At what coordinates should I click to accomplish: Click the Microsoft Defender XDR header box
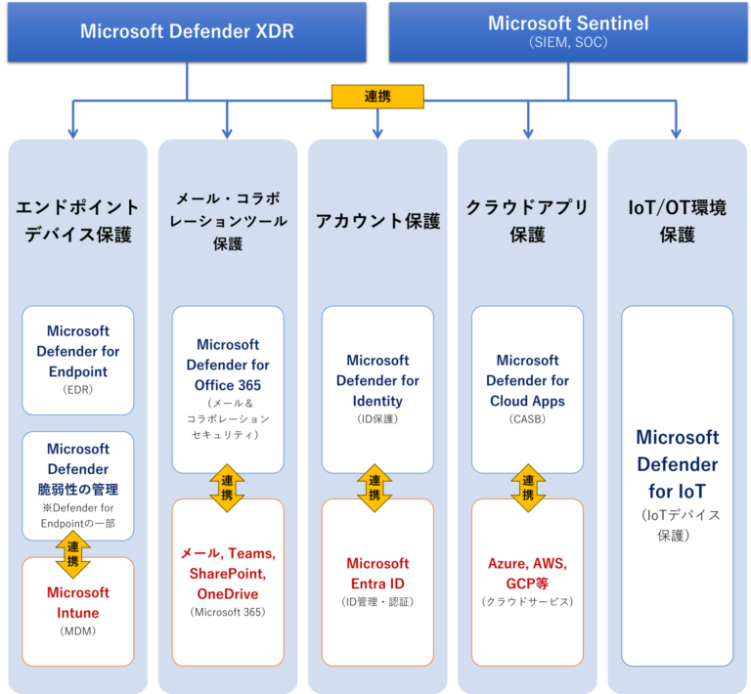(x=186, y=31)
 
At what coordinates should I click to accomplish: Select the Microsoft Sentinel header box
(x=568, y=31)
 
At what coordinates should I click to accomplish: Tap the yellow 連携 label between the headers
(x=377, y=97)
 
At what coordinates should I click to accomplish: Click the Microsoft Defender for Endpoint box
(x=78, y=360)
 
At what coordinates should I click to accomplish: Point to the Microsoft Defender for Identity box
(x=377, y=389)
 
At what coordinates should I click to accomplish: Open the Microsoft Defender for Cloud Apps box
(x=527, y=389)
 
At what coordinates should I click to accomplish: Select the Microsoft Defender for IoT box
(x=677, y=486)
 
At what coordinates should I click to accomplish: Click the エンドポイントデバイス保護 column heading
(x=78, y=221)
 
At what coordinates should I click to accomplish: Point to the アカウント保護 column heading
(x=377, y=221)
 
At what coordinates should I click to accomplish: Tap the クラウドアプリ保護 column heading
(x=527, y=221)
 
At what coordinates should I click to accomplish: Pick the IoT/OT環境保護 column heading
(x=677, y=221)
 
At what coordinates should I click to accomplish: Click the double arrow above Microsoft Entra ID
(x=375, y=488)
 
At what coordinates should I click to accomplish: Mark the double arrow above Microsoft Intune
(x=73, y=554)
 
